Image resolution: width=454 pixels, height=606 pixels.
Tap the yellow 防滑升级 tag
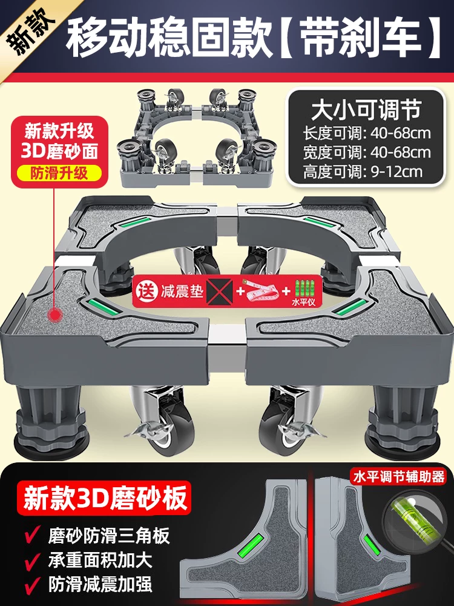[x=59, y=173]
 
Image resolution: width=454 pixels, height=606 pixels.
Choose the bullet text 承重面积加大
[x=100, y=559]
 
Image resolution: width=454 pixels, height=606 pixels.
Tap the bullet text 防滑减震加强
[x=100, y=584]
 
